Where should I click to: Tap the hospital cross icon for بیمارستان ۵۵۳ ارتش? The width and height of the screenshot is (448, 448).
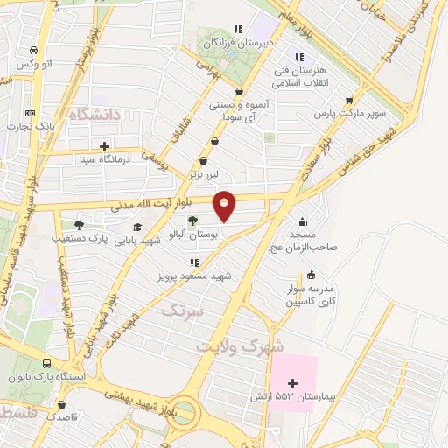(x=292, y=384)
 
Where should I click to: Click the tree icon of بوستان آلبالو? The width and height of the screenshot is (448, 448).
(x=192, y=220)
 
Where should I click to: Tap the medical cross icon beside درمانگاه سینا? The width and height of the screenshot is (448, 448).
(x=104, y=146)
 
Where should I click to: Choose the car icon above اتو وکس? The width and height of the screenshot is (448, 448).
(x=32, y=51)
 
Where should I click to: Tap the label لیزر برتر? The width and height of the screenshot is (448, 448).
(x=204, y=174)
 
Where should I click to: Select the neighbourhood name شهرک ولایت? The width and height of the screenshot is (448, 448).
(x=253, y=346)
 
